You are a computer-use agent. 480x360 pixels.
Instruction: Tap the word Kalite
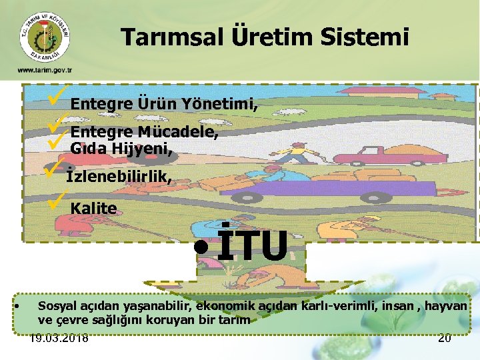[93, 208]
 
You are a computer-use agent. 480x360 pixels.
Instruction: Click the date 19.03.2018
[59, 338]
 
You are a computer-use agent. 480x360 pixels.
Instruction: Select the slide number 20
[444, 338]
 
